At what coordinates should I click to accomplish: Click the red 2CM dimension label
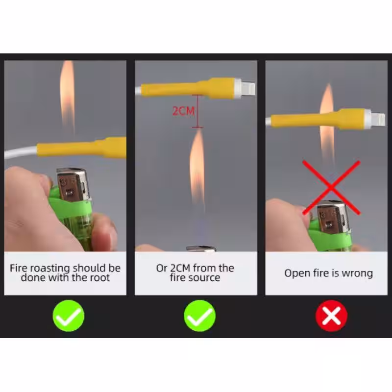coord(183,111)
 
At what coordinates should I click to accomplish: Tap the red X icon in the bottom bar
coord(331,316)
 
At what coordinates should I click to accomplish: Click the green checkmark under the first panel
coord(69,316)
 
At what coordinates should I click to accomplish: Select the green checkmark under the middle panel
coord(200,316)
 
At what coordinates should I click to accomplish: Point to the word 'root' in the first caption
coord(98,277)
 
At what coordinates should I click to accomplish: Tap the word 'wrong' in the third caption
coord(357,273)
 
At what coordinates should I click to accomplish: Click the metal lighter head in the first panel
coord(73,185)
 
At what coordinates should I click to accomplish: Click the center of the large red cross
coord(331,188)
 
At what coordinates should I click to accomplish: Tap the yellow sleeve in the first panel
coord(82,147)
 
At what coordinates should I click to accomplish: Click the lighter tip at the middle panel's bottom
coord(201,248)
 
